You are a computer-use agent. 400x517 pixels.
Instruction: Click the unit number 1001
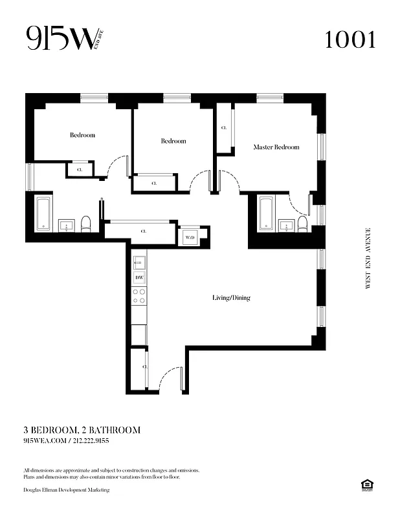point(350,40)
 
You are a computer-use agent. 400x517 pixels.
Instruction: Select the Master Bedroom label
point(276,147)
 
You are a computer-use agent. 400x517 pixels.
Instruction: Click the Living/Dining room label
point(231,298)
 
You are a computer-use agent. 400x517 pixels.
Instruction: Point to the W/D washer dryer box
point(190,238)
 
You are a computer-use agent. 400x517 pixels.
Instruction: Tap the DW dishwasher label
point(139,278)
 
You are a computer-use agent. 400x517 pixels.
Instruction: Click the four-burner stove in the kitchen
point(139,296)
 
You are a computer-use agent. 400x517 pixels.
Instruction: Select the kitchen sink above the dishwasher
point(139,262)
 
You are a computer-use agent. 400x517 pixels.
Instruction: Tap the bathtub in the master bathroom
point(266,213)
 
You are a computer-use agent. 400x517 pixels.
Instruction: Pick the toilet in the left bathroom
point(85,224)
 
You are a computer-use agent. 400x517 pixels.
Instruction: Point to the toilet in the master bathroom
point(302,224)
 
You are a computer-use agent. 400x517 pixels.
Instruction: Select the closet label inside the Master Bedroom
point(224,128)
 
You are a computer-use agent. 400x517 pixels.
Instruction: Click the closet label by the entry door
point(144,367)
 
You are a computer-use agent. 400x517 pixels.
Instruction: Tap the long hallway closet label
point(144,231)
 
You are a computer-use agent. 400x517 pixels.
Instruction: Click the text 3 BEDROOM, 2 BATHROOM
point(82,430)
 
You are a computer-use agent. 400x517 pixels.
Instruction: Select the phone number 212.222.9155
point(91,441)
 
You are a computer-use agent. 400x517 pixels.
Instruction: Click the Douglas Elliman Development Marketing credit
point(66,491)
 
